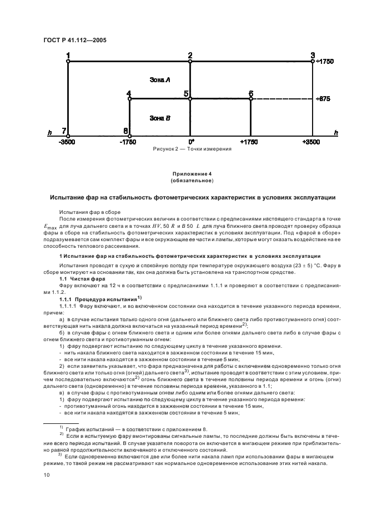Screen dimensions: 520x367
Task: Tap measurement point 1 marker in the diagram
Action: click(68, 62)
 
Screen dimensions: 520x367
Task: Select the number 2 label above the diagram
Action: click(190, 55)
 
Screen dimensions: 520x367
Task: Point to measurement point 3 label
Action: click(313, 55)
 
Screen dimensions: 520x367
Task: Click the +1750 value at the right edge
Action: click(324, 62)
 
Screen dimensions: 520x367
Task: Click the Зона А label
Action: click(159, 81)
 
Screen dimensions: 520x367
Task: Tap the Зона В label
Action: click(159, 118)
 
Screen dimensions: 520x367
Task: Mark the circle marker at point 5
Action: click(190, 99)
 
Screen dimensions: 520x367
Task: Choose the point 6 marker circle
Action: click(251, 99)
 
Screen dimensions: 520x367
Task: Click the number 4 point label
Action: click(129, 93)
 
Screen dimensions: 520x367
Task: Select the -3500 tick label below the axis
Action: click(68, 142)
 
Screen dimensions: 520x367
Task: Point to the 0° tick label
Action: click(190, 142)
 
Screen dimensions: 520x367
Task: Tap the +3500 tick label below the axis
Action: click(312, 142)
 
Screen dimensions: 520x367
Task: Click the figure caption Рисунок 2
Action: click(184, 149)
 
